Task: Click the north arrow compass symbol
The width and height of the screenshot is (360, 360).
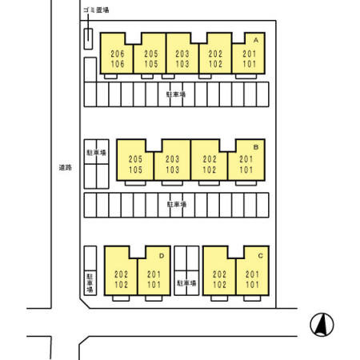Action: [x=322, y=325]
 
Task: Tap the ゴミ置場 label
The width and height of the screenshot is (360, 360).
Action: [x=96, y=10]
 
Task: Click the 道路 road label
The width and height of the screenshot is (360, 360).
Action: [x=66, y=167]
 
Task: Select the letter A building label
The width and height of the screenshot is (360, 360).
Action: [x=256, y=40]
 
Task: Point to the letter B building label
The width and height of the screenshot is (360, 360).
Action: [x=256, y=147]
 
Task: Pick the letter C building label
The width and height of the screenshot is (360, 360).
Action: [x=260, y=256]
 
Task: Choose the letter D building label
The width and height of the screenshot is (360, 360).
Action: [x=162, y=256]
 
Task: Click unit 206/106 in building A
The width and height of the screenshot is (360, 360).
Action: [x=117, y=59]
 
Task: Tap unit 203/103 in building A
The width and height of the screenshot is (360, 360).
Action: [x=182, y=59]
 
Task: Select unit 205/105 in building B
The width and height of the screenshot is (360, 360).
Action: [x=135, y=165]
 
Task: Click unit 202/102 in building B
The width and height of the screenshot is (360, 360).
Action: [x=210, y=165]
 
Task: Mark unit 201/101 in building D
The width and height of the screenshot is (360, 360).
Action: [x=154, y=279]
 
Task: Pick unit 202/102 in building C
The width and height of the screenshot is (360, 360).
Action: [x=219, y=279]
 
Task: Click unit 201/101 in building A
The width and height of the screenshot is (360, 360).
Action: [x=249, y=59]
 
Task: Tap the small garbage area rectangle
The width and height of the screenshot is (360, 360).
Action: [x=88, y=39]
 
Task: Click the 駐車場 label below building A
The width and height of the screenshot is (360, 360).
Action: [x=176, y=94]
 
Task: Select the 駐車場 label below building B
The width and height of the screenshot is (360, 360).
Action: [x=177, y=204]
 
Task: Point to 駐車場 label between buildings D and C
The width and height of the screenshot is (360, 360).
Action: [x=186, y=282]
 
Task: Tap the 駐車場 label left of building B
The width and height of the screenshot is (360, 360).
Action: [x=96, y=153]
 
